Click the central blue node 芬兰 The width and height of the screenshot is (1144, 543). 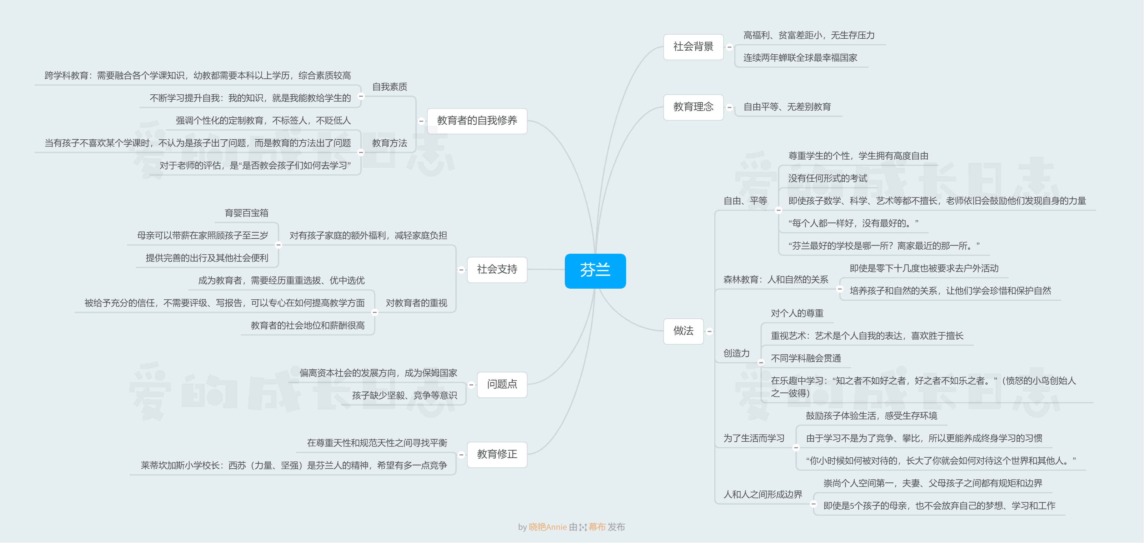[x=595, y=270]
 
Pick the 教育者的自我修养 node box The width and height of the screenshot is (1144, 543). [x=477, y=121]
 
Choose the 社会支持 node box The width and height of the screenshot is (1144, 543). [x=497, y=270]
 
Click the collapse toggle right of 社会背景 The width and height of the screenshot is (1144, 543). [x=729, y=47]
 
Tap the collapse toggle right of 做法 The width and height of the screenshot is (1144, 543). [x=709, y=331]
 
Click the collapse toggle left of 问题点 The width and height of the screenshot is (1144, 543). [x=471, y=385]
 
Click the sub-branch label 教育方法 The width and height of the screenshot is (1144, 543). [x=389, y=143]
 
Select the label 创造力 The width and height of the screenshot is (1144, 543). [x=736, y=353]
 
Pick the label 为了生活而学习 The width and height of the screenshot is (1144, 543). [x=754, y=438]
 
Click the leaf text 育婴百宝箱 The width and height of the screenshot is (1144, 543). [x=247, y=213]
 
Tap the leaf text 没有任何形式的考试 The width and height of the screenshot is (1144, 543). [x=827, y=178]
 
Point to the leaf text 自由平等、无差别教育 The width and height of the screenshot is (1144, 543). [x=787, y=107]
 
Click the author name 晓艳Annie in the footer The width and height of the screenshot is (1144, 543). [x=548, y=527]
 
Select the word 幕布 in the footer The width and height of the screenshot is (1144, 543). [x=597, y=527]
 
